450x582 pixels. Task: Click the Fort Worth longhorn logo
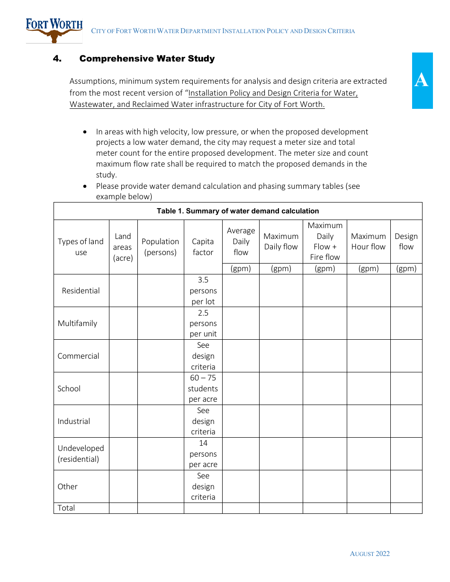pyautogui.click(x=54, y=30)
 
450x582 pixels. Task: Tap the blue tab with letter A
pyautogui.click(x=422, y=80)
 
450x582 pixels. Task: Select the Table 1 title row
pyautogui.click(x=238, y=211)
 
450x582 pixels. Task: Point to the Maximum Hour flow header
pyautogui.click(x=369, y=241)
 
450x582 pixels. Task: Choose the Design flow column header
pyautogui.click(x=406, y=241)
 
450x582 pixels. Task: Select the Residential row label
pyautogui.click(x=81, y=291)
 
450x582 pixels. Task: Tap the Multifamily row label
pyautogui.click(x=77, y=323)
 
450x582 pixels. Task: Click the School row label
pyautogui.click(x=69, y=388)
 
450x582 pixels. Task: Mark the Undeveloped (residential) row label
pyautogui.click(x=81, y=453)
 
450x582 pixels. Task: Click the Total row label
pyautogui.click(x=66, y=508)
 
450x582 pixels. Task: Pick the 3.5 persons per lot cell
pyautogui.click(x=203, y=291)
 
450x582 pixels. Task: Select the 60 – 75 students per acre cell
pyautogui.click(x=203, y=388)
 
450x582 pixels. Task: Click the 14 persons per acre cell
pyautogui.click(x=203, y=454)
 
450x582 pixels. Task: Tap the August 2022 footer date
pyautogui.click(x=369, y=554)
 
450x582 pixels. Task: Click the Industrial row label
pyautogui.click(x=74, y=421)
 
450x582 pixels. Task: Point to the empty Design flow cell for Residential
pyautogui.click(x=406, y=291)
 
